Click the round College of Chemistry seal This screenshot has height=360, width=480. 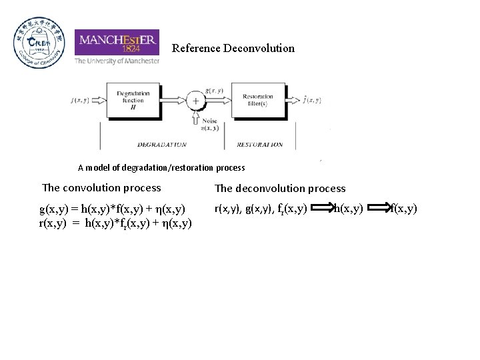(x=39, y=43)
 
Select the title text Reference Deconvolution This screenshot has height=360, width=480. (x=233, y=48)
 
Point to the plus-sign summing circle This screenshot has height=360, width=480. (x=195, y=101)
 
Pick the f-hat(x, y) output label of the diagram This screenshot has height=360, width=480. (x=310, y=101)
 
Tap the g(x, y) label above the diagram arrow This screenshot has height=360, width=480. (x=214, y=91)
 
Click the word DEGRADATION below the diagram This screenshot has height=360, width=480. (x=162, y=145)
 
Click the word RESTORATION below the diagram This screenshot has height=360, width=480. (x=259, y=145)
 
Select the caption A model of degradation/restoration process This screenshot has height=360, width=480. (x=161, y=168)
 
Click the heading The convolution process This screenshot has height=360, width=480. (x=101, y=187)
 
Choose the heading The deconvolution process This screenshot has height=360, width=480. (x=280, y=189)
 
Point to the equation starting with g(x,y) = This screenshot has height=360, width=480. (x=111, y=209)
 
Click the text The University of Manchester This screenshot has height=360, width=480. (x=117, y=61)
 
